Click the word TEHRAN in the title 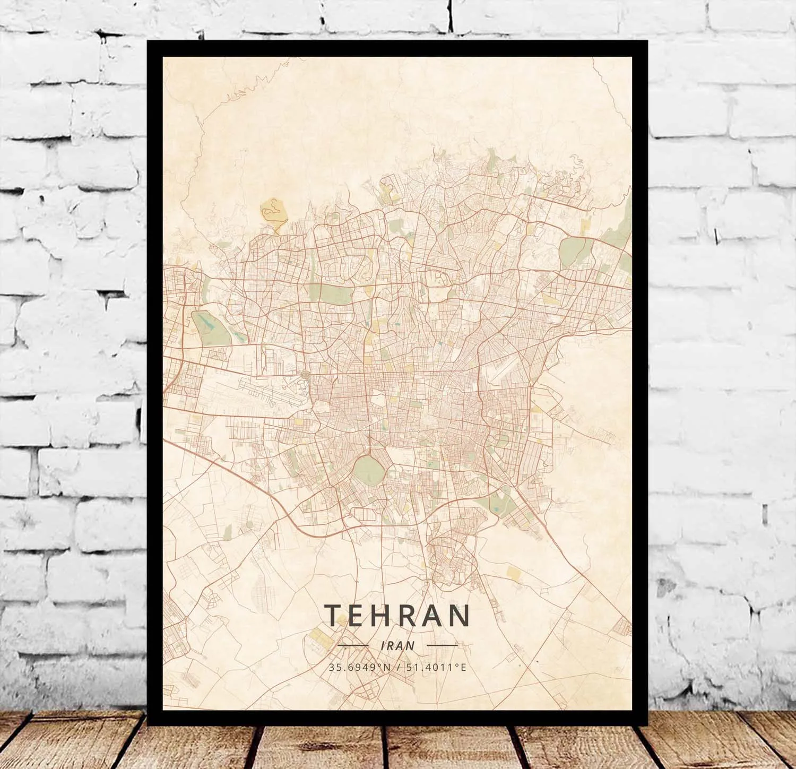(397, 615)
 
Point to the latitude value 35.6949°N (359, 667)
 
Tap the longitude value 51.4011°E (436, 667)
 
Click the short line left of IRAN (353, 645)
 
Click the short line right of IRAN (442, 645)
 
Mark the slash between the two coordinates (397, 667)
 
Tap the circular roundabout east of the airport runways (305, 375)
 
